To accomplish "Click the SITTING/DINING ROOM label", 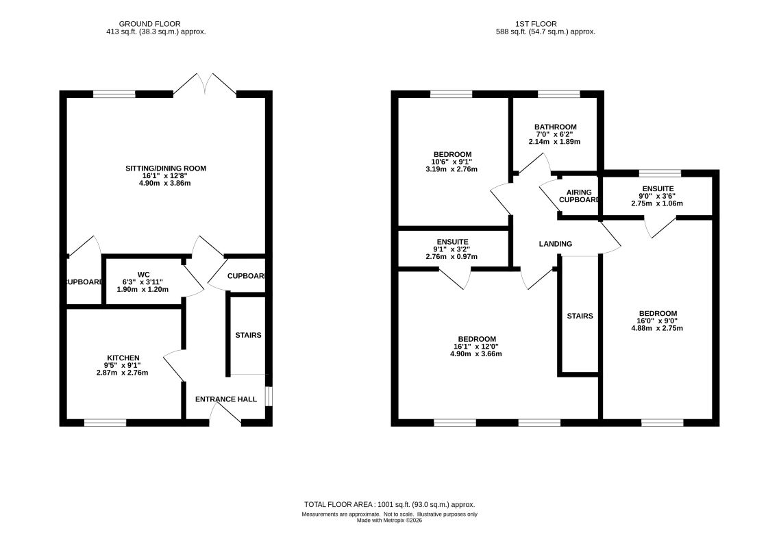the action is tap(165, 169).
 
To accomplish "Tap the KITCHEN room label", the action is tap(123, 358).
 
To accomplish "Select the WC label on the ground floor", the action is tap(144, 274).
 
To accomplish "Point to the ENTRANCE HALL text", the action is tap(226, 399).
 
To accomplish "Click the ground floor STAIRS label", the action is tap(249, 335).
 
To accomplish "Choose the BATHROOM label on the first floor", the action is tap(556, 127).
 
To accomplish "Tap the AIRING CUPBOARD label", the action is tap(579, 196).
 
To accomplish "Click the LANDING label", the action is tap(556, 243).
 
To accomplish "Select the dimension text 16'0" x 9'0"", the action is tap(658, 321).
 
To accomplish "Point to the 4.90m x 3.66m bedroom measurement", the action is tap(476, 353).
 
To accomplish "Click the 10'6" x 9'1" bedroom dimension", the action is tap(452, 162).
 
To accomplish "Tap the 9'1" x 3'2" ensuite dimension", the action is tap(452, 249).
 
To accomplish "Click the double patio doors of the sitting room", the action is tap(205, 84).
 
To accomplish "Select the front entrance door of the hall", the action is tap(225, 413).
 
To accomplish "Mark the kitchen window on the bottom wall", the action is tap(106, 423).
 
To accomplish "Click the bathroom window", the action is tap(559, 94).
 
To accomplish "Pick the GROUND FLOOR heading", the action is tap(149, 24).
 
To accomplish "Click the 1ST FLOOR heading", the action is tap(536, 24).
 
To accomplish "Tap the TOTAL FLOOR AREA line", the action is tap(389, 504).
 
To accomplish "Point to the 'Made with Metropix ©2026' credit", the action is tap(389, 520).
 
